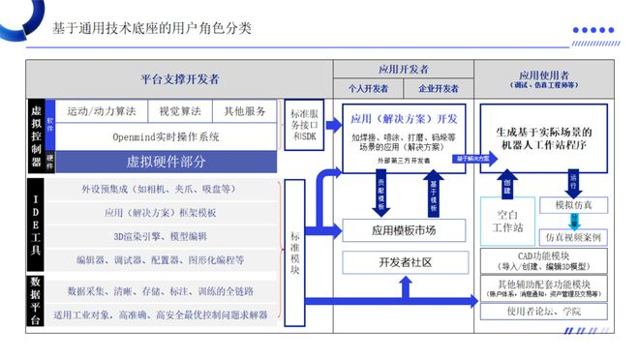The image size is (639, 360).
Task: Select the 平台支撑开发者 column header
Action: (x=180, y=78)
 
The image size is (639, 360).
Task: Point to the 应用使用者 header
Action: (x=542, y=75)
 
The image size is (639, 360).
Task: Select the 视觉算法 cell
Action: (x=181, y=111)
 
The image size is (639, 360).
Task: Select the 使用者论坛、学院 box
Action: (x=543, y=311)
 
